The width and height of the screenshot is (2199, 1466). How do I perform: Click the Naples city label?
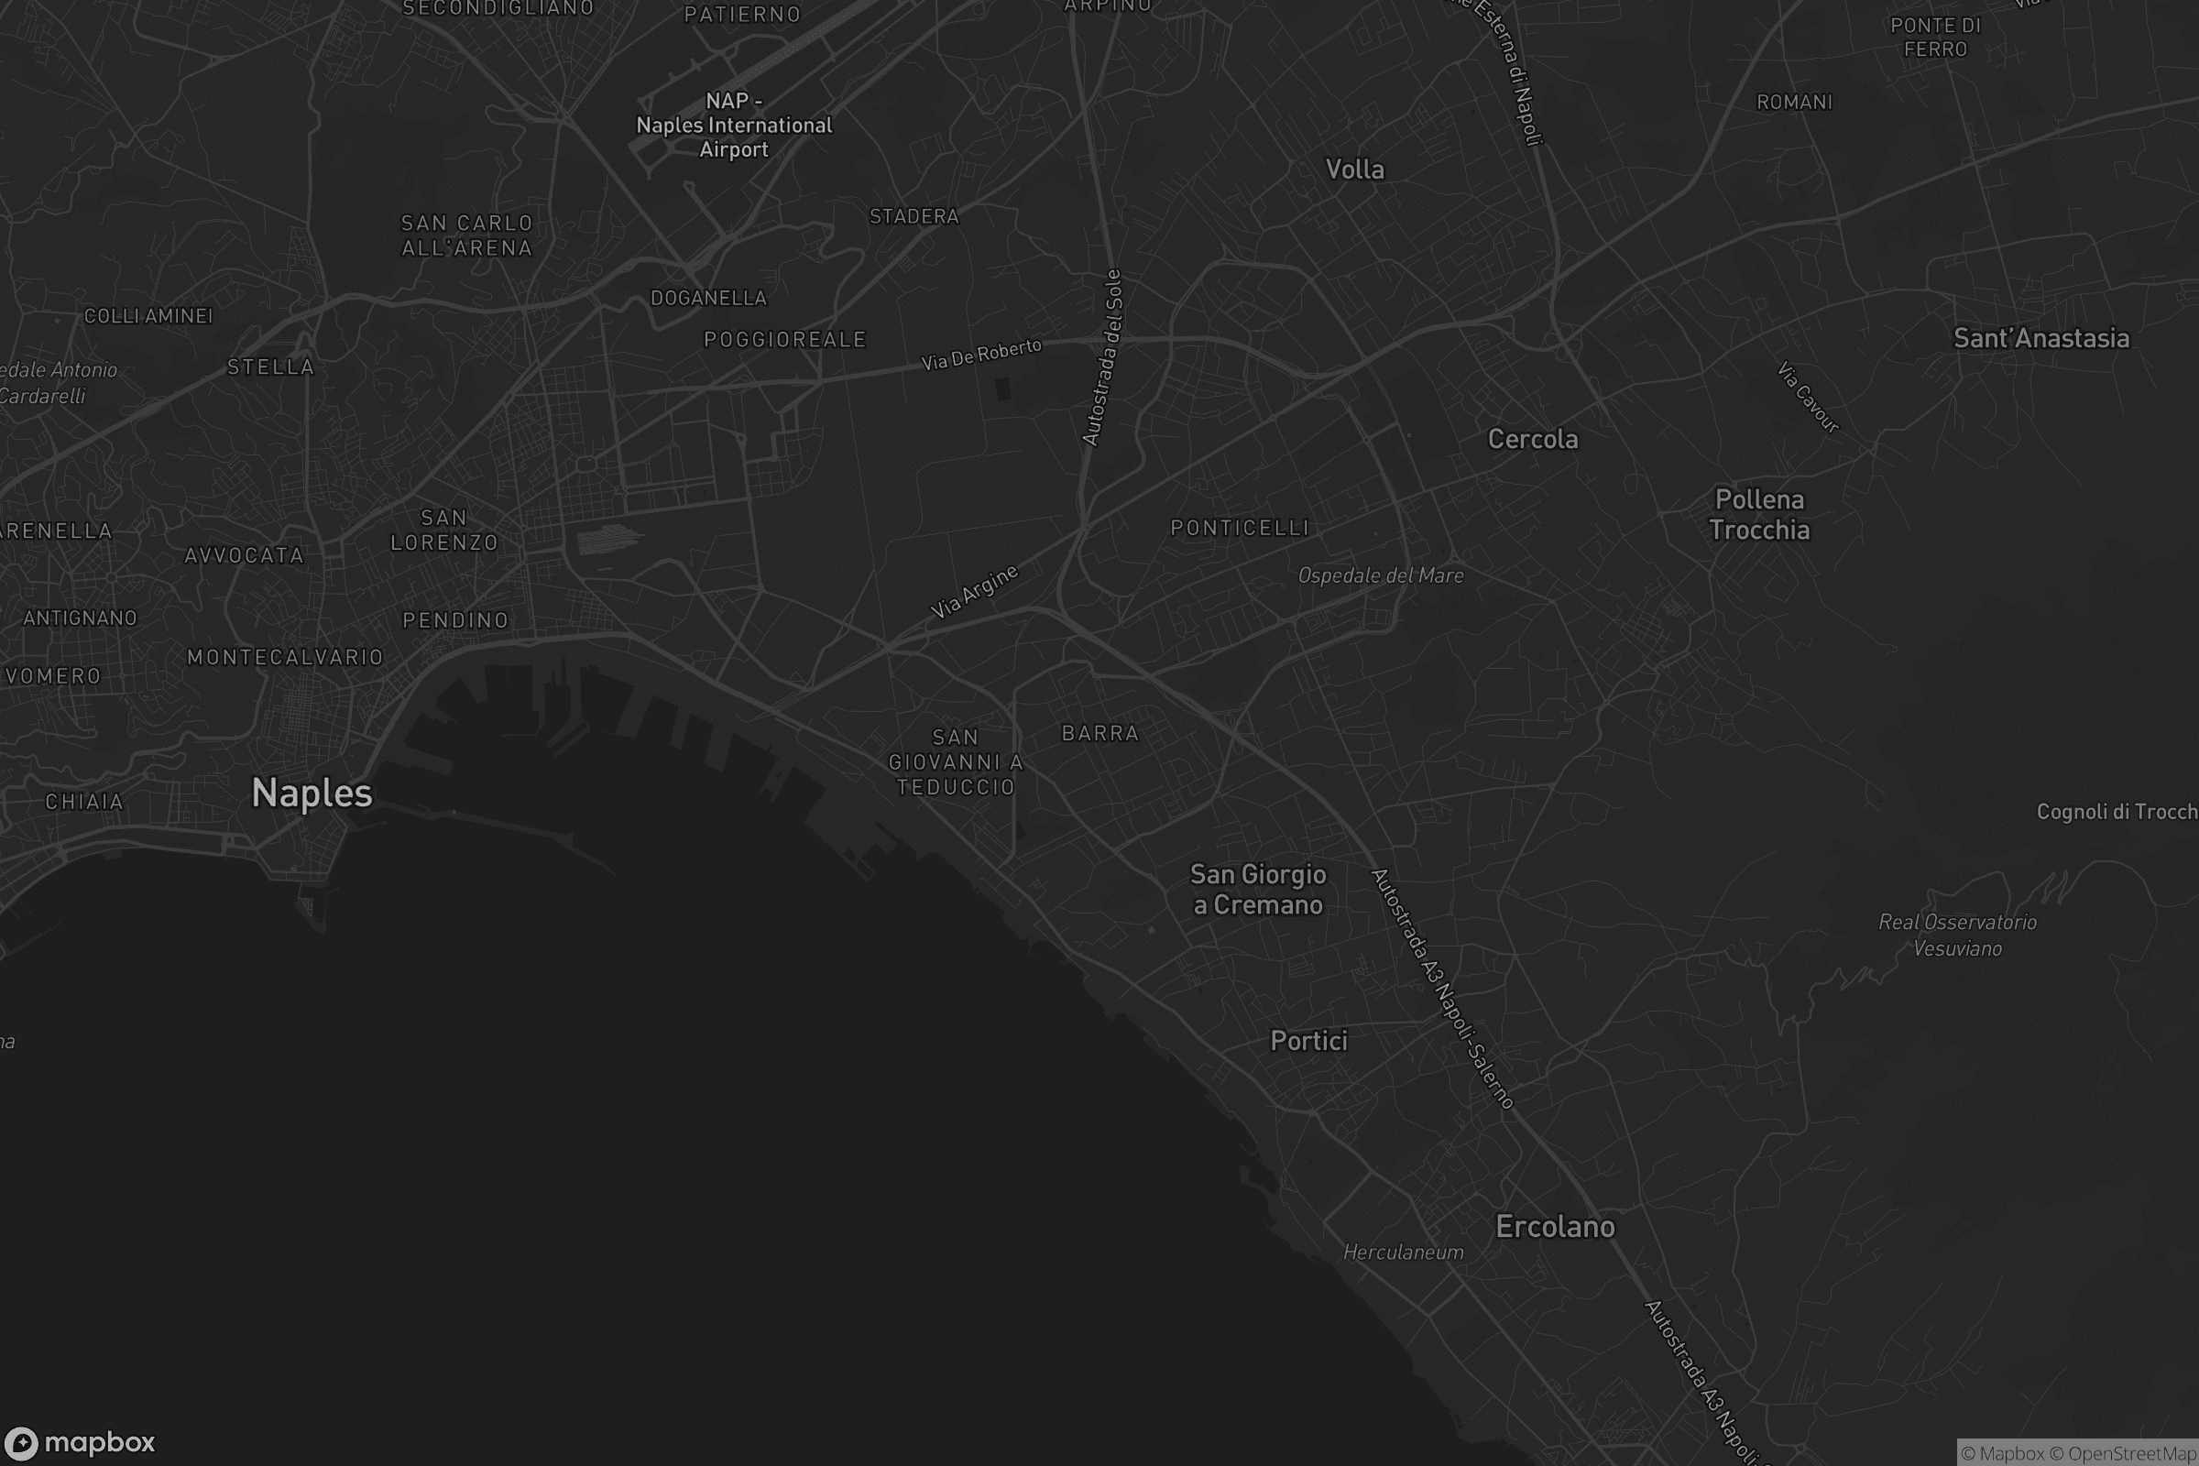[312, 793]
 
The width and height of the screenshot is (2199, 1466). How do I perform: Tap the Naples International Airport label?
[734, 126]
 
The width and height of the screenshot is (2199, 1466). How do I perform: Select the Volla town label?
[1355, 170]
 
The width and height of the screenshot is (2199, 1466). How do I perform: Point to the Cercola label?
[1532, 439]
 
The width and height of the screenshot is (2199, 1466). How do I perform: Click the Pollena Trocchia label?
[1758, 514]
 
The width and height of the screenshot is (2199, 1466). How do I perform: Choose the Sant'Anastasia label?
[2041, 337]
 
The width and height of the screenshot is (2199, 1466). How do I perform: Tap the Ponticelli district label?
[1240, 528]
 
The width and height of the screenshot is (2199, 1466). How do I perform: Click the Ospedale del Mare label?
[1380, 575]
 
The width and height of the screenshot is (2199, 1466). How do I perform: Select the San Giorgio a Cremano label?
[1257, 889]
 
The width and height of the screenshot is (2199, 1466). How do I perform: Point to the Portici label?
[1308, 1041]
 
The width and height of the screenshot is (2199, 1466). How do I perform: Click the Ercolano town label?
[1555, 1226]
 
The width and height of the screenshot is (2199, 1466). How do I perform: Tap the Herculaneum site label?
[1404, 1252]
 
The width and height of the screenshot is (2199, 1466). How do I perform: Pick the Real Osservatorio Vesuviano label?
[1957, 935]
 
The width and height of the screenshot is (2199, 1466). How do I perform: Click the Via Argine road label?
[974, 592]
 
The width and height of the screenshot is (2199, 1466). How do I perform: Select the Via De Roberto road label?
[980, 355]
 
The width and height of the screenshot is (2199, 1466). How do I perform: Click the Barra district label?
[1100, 733]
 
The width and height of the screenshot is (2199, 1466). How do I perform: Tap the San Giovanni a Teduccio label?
[956, 762]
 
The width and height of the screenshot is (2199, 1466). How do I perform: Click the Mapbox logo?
[79, 1442]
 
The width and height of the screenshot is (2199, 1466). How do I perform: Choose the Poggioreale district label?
[785, 339]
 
